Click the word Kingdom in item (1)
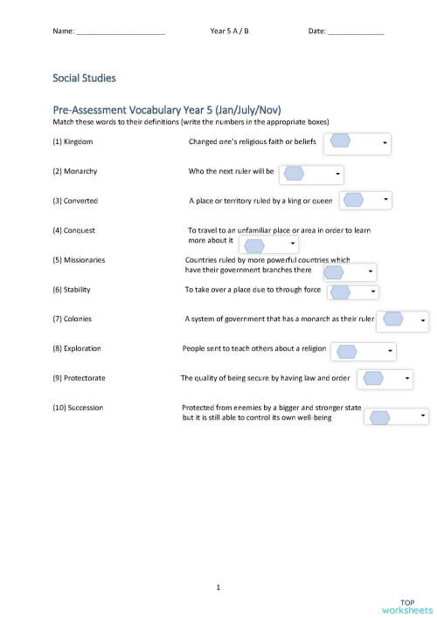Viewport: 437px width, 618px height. (x=79, y=141)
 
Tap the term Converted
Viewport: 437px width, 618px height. (x=80, y=201)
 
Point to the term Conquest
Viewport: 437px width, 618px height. (x=80, y=230)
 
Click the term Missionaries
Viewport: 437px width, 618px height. (x=85, y=259)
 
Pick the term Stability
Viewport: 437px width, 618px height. (x=77, y=289)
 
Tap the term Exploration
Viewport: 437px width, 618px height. (x=82, y=348)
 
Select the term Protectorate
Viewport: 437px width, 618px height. (x=85, y=378)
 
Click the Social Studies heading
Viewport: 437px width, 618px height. (x=84, y=79)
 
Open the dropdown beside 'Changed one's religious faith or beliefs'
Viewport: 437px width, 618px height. (x=357, y=142)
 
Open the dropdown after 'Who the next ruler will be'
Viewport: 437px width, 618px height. (x=311, y=173)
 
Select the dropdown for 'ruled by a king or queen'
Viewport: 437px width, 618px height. (x=365, y=201)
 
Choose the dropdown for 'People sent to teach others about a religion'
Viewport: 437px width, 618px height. (x=363, y=351)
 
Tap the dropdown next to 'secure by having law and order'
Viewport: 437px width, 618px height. (x=385, y=379)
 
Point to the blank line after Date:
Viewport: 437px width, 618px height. (x=356, y=32)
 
